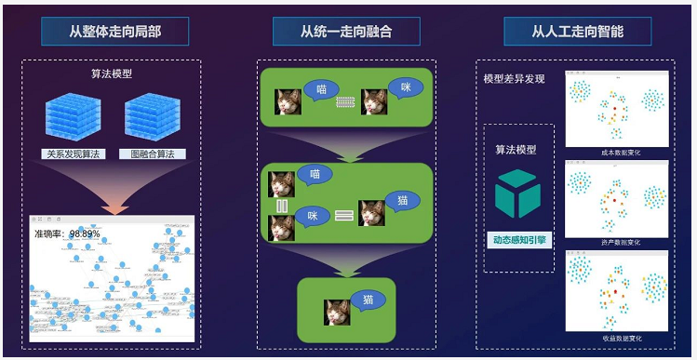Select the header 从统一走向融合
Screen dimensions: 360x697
346,32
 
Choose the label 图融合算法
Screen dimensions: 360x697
153,153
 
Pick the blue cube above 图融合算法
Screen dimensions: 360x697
153,118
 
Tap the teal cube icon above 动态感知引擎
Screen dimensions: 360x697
516,193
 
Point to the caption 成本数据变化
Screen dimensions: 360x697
615,152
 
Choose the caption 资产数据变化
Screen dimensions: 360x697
615,244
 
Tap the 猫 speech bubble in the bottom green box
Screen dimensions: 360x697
369,300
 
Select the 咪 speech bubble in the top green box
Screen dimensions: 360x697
404,87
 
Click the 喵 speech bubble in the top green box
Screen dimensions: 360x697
321,89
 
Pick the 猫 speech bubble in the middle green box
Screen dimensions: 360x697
403,200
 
